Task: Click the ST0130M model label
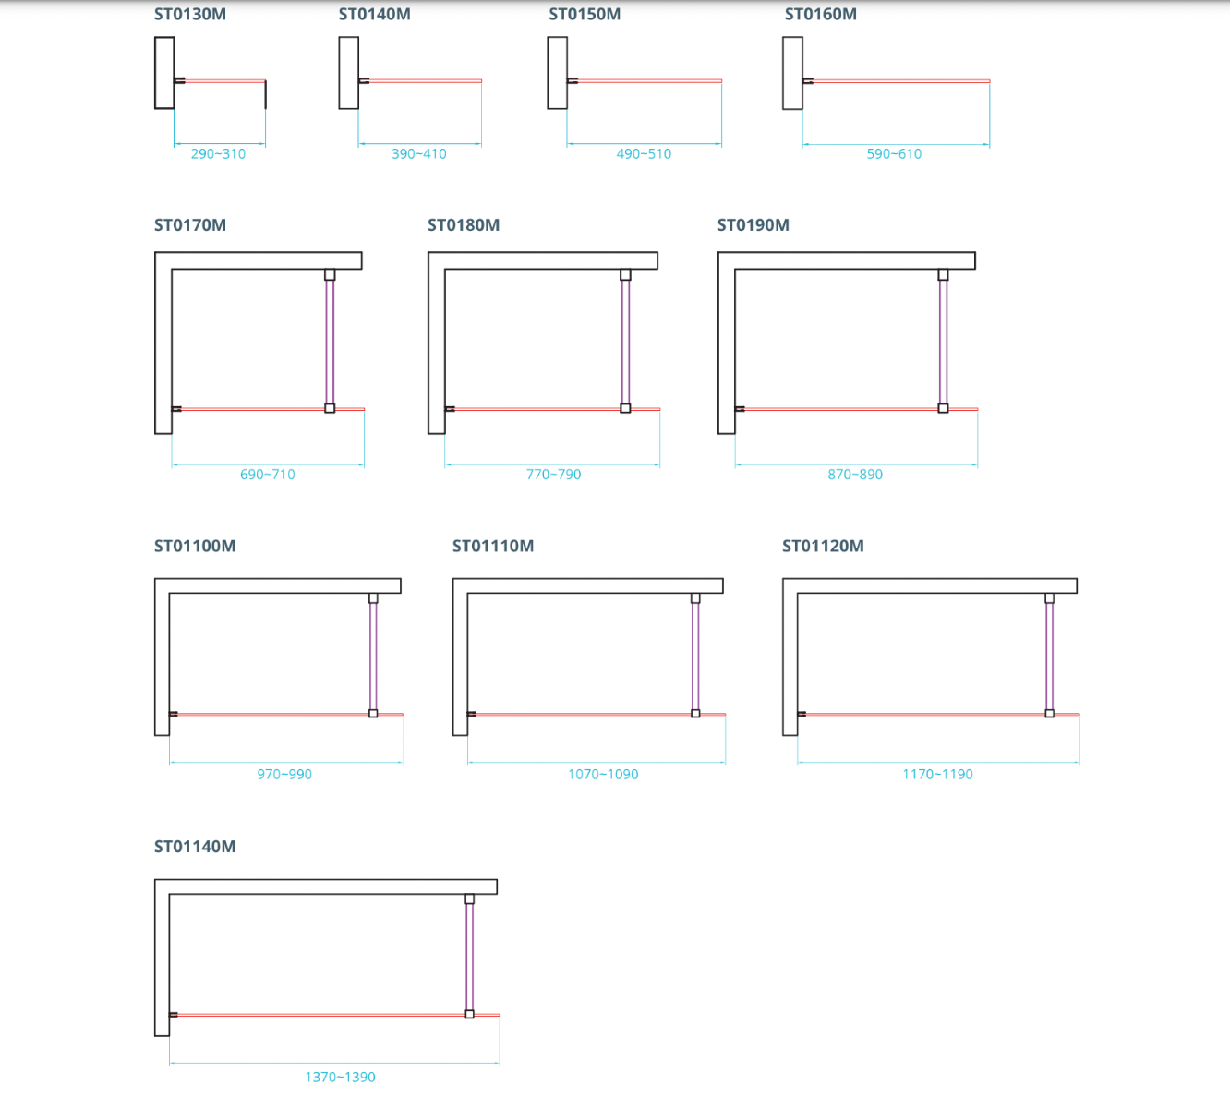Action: tap(190, 14)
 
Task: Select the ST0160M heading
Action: tap(820, 14)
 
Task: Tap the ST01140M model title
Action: tap(195, 847)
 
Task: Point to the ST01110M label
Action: tap(493, 547)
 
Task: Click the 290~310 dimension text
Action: tap(218, 154)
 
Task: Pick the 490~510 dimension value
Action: tap(644, 154)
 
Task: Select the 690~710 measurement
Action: tap(268, 475)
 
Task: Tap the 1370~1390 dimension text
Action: tap(341, 1078)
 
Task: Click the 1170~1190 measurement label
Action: tap(937, 775)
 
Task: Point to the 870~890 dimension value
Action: tap(855, 475)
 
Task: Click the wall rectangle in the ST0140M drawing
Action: tap(349, 73)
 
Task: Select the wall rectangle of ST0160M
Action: tap(793, 73)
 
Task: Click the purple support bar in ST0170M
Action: tap(330, 342)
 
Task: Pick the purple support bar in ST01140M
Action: tap(470, 957)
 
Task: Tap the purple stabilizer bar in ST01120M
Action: tap(1050, 656)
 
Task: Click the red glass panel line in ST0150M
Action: tap(649, 81)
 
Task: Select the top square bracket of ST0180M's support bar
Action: tap(625, 275)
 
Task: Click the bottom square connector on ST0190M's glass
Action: tap(943, 408)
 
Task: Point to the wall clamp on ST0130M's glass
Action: tap(180, 80)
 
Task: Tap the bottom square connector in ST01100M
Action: tap(373, 714)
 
